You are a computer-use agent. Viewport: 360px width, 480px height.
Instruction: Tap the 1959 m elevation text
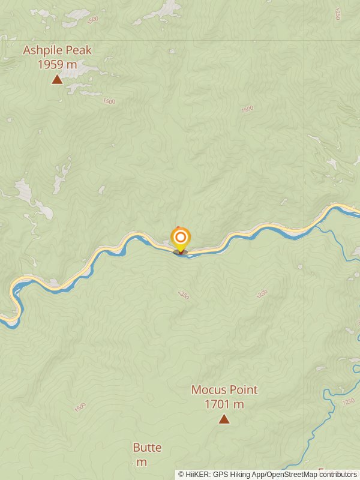57,64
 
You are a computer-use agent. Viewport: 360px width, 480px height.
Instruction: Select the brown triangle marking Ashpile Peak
57,79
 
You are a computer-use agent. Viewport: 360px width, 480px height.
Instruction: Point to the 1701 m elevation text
224,404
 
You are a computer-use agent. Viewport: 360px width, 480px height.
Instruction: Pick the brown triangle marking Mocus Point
224,419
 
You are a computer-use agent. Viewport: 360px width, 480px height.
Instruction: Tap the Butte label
147,448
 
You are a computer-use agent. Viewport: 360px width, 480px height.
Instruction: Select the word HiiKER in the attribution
199,475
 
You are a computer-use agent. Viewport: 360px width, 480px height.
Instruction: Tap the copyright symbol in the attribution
181,475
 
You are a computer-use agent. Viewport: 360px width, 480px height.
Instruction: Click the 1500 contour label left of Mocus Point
80,407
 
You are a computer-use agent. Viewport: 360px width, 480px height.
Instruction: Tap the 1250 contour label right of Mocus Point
349,401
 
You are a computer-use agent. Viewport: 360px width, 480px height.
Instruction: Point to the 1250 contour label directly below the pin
184,295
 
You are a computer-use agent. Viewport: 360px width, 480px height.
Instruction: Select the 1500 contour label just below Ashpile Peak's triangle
109,101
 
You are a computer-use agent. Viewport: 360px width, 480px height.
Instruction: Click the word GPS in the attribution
221,475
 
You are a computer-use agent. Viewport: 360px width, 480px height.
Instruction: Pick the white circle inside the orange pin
180,237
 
